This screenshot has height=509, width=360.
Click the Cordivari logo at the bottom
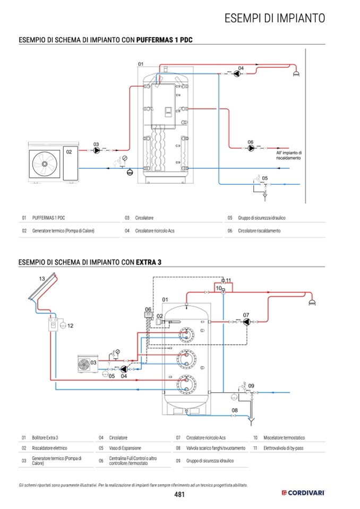point(303,493)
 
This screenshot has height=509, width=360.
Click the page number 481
point(179,494)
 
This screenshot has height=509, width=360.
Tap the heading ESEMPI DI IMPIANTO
point(275,18)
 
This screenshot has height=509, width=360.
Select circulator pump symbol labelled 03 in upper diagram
point(97,150)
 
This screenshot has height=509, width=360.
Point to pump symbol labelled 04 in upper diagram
point(237,74)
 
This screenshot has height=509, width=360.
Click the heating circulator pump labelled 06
point(251,148)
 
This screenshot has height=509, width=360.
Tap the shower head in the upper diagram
point(296,74)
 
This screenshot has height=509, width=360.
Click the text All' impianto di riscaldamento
point(289,156)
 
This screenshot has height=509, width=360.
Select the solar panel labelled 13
point(43,287)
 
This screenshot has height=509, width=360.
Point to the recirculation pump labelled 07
point(246,322)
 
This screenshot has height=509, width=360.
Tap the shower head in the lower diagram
point(312,303)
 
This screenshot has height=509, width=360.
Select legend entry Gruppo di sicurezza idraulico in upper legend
point(262,218)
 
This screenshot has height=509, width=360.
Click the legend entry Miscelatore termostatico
point(284,437)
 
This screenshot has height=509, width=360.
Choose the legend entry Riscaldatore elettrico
point(49,448)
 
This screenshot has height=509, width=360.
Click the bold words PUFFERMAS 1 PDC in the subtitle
point(164,40)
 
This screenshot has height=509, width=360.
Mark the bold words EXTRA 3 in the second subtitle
point(148,262)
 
